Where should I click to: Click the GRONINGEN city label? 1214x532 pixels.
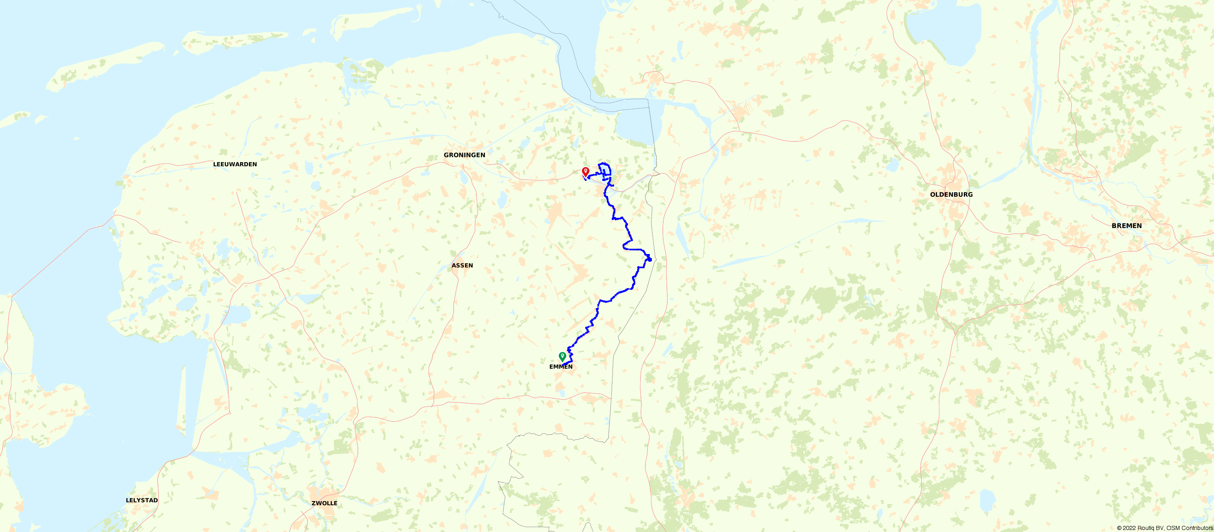tap(464, 155)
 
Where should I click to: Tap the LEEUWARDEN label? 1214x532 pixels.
tap(235, 165)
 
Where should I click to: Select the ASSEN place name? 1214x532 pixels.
tap(462, 265)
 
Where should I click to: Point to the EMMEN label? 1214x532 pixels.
tap(561, 367)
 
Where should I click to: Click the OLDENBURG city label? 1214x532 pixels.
tap(951, 195)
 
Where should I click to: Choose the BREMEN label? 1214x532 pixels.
tap(1126, 226)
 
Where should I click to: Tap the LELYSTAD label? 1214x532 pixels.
tap(141, 500)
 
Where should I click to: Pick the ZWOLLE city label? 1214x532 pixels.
tap(324, 503)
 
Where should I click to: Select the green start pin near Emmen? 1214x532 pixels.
tap(562, 356)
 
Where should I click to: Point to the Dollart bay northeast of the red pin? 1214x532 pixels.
tap(634, 127)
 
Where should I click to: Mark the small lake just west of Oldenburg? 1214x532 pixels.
tap(892, 165)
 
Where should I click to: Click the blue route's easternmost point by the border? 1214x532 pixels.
tap(650, 258)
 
